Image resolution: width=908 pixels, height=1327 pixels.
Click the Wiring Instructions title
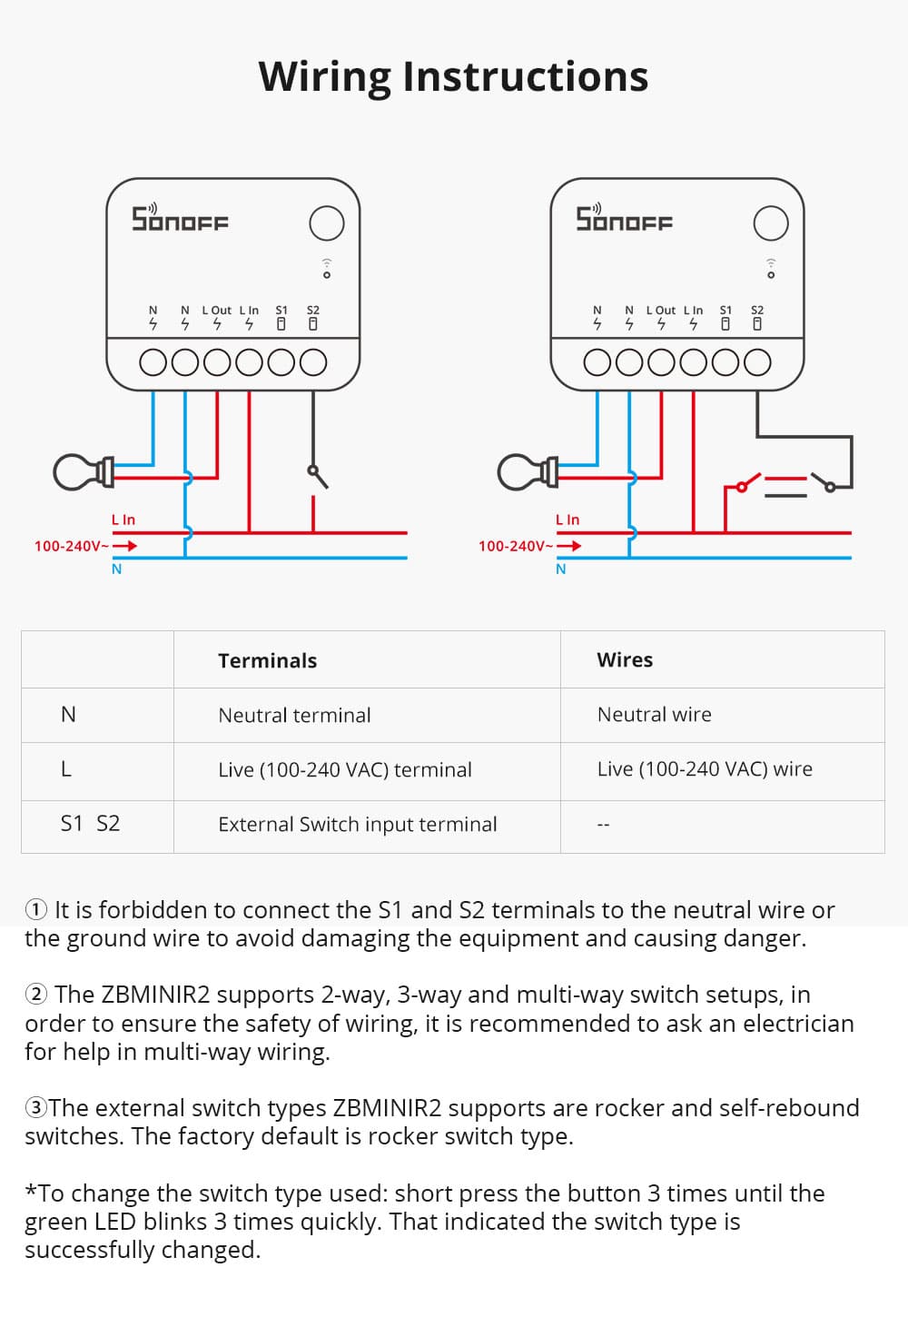click(x=453, y=76)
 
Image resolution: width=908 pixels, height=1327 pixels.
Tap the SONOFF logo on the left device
click(x=180, y=219)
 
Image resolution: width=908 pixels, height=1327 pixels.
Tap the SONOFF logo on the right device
click(x=624, y=219)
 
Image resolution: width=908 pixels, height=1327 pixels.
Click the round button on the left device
click(x=326, y=223)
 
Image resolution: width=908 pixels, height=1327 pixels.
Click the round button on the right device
click(x=771, y=223)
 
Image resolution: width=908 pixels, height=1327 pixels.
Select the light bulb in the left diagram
click(x=82, y=471)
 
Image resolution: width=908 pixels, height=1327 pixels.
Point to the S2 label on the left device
click(x=313, y=310)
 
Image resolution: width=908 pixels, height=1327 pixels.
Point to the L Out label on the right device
click(x=660, y=310)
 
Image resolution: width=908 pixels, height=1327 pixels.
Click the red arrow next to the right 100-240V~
click(x=569, y=546)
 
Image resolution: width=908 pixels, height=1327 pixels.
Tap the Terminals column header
click(x=267, y=660)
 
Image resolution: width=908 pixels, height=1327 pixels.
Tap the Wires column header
click(x=625, y=659)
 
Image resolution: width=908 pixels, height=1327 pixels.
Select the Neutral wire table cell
click(x=654, y=715)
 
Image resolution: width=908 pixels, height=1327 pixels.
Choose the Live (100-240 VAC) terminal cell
click(x=344, y=769)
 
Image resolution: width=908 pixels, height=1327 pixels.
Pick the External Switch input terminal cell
click(x=357, y=824)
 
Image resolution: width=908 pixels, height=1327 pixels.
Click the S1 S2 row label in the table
click(x=90, y=824)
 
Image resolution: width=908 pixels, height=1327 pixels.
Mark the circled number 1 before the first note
click(x=36, y=909)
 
